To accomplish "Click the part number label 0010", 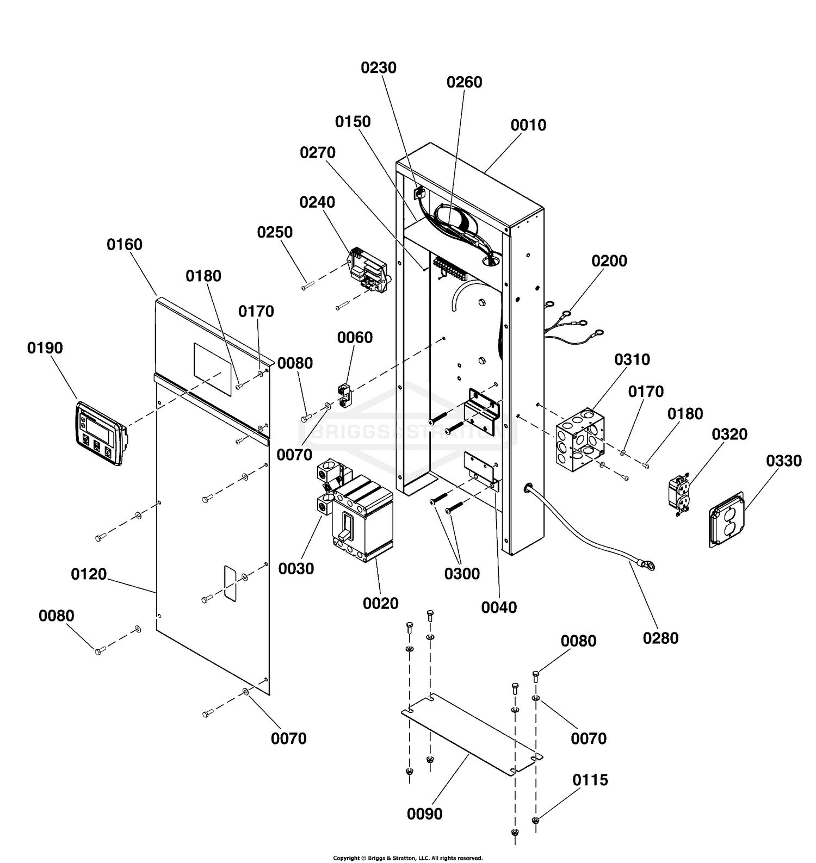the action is (x=528, y=125).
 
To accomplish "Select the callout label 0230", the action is (x=379, y=68).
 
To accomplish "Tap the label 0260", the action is (x=464, y=82).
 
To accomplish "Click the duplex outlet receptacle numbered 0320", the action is (x=679, y=495).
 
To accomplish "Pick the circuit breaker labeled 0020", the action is (x=362, y=518).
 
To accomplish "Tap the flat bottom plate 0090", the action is (x=472, y=734).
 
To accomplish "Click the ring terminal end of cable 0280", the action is (x=647, y=566).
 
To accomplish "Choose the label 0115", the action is (x=590, y=780).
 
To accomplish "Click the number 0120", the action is (x=89, y=574).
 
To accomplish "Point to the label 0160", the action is (x=125, y=245).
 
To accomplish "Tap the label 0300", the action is (x=462, y=574).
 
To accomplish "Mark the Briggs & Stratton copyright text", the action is (x=407, y=858).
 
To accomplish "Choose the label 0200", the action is (x=609, y=261).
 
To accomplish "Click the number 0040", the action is (x=499, y=607).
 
